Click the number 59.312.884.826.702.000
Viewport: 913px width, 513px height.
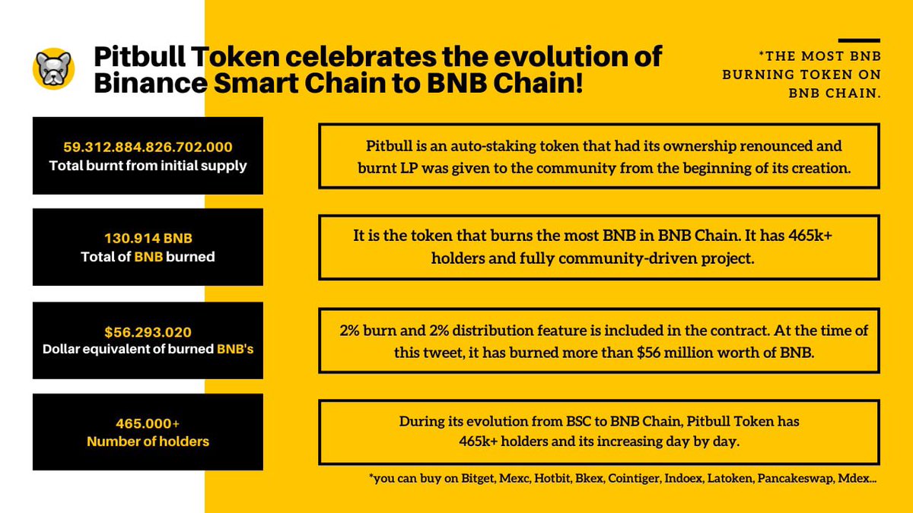pos(148,147)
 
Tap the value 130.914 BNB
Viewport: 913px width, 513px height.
pos(148,239)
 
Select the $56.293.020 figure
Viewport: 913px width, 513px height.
pos(148,332)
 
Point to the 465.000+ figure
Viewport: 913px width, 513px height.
pos(148,423)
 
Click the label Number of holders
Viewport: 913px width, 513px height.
pos(148,441)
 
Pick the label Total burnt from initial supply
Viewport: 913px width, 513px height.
pos(148,165)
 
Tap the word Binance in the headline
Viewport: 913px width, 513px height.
pos(148,82)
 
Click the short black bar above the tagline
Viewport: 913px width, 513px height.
pos(859,40)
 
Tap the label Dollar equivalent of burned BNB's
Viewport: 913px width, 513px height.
pos(148,350)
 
